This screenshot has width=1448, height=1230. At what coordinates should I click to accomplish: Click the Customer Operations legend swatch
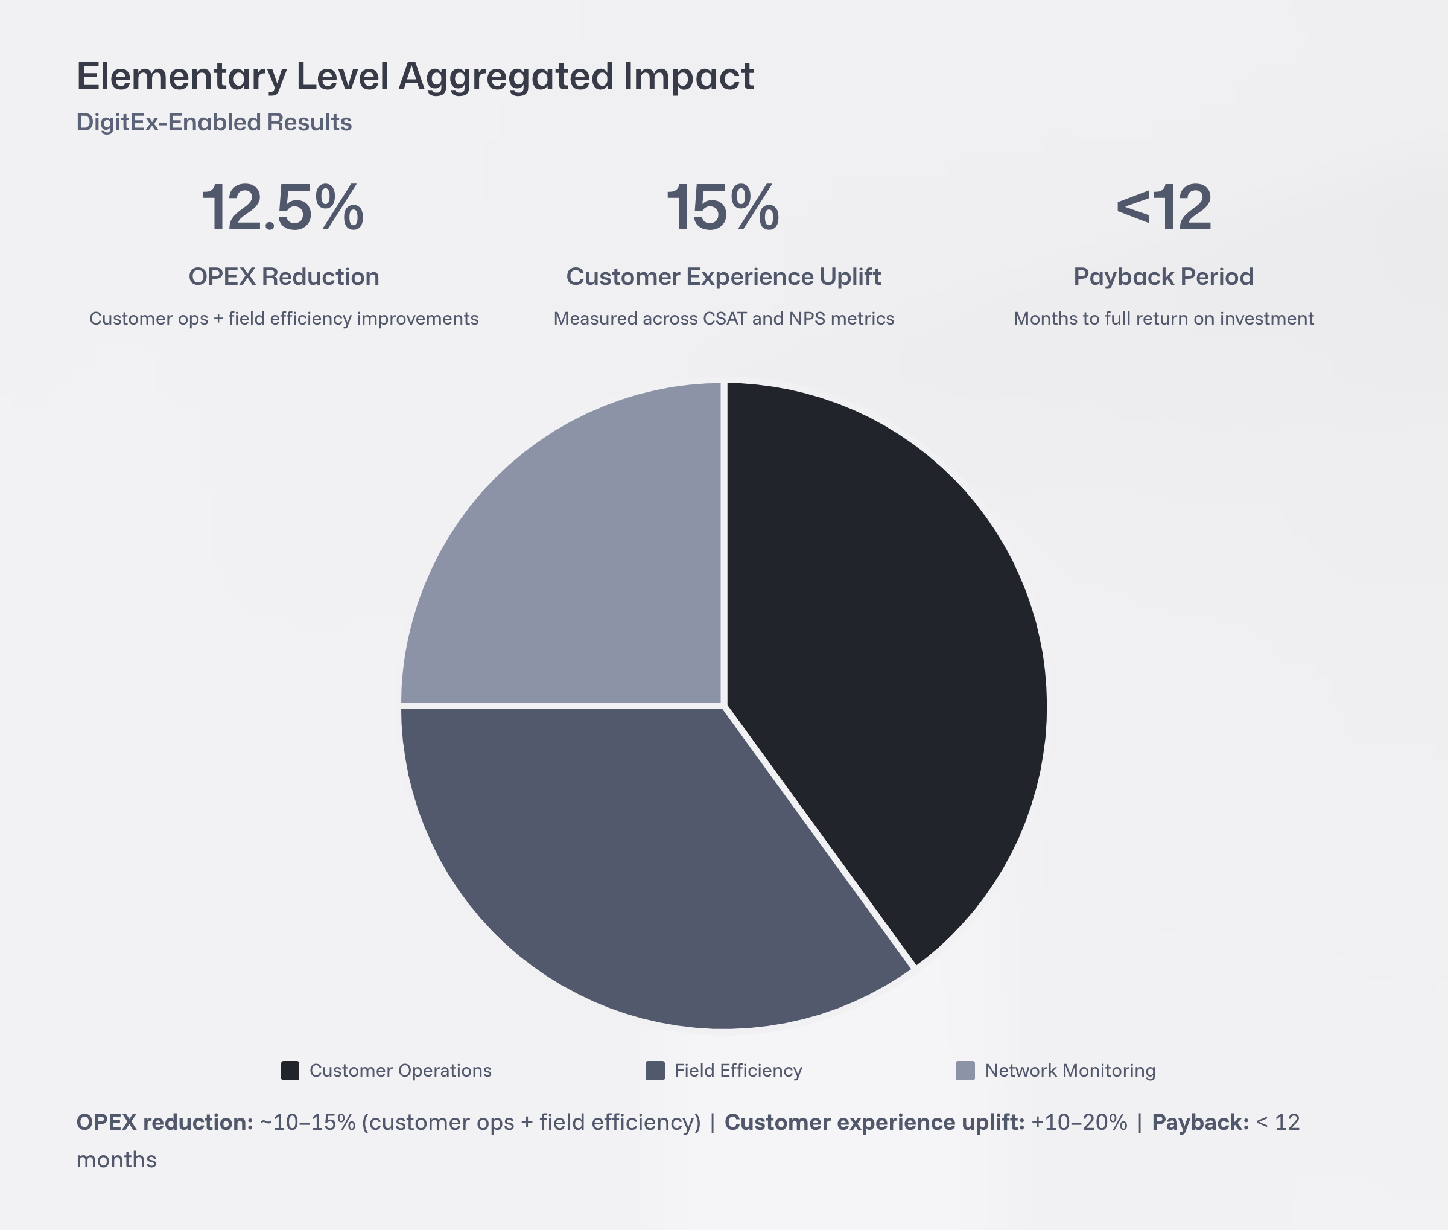pyautogui.click(x=290, y=1070)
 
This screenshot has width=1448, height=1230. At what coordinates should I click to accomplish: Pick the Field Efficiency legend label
pyautogui.click(x=738, y=1070)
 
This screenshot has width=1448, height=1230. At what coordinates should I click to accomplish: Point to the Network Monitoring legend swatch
pyautogui.click(x=965, y=1070)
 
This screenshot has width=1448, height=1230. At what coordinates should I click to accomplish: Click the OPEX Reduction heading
pyautogui.click(x=284, y=277)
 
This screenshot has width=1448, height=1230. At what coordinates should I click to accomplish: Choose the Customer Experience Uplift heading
pyautogui.click(x=723, y=277)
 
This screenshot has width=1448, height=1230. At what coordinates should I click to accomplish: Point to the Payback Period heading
pyautogui.click(x=1164, y=277)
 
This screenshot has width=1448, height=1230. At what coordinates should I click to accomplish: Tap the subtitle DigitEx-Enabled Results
pyautogui.click(x=214, y=122)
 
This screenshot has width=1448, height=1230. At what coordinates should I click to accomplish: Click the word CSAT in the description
pyautogui.click(x=725, y=319)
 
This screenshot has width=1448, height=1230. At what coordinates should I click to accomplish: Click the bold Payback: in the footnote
pyautogui.click(x=1200, y=1122)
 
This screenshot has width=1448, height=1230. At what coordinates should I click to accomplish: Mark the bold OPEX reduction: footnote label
pyautogui.click(x=165, y=1122)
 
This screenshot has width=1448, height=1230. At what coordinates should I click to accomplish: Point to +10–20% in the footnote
pyautogui.click(x=1079, y=1122)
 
